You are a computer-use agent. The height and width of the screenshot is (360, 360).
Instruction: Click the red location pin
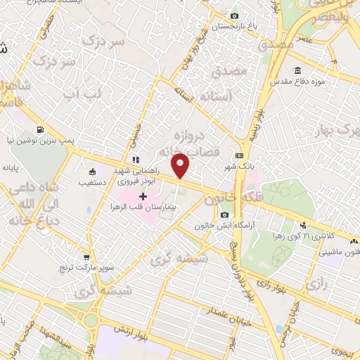[x=181, y=165]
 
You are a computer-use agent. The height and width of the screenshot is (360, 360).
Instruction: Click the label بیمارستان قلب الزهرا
[x=142, y=207]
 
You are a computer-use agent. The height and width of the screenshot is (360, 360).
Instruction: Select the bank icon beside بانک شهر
[x=240, y=155]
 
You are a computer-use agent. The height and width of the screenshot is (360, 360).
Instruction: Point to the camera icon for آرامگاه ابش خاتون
[x=225, y=214]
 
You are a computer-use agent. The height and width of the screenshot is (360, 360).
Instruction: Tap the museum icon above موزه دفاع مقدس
[x=297, y=70]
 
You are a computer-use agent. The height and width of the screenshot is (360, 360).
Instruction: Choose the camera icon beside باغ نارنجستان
[x=234, y=15]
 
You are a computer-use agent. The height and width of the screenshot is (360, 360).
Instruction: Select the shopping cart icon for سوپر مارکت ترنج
[x=86, y=257]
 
